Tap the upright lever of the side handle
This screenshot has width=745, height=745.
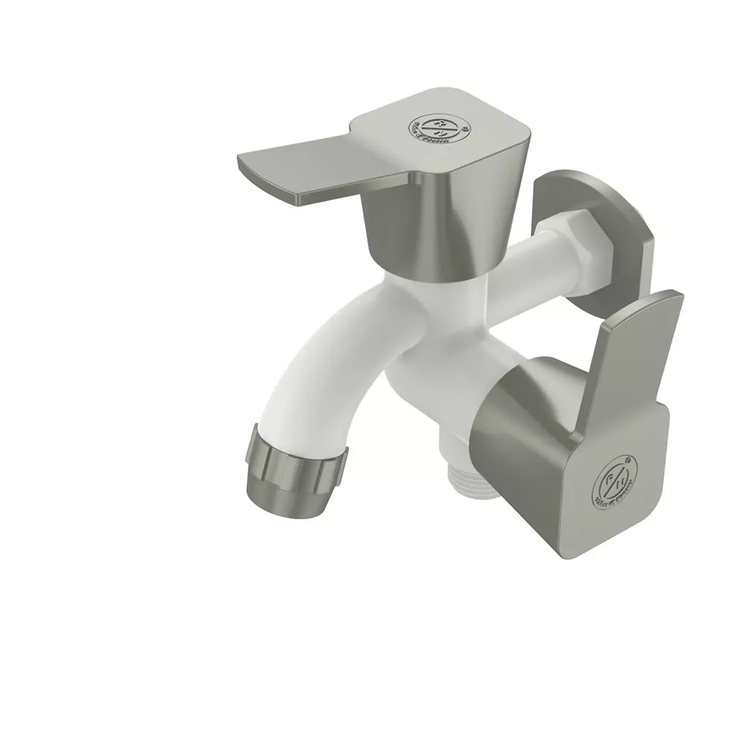pyautogui.click(x=633, y=358)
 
